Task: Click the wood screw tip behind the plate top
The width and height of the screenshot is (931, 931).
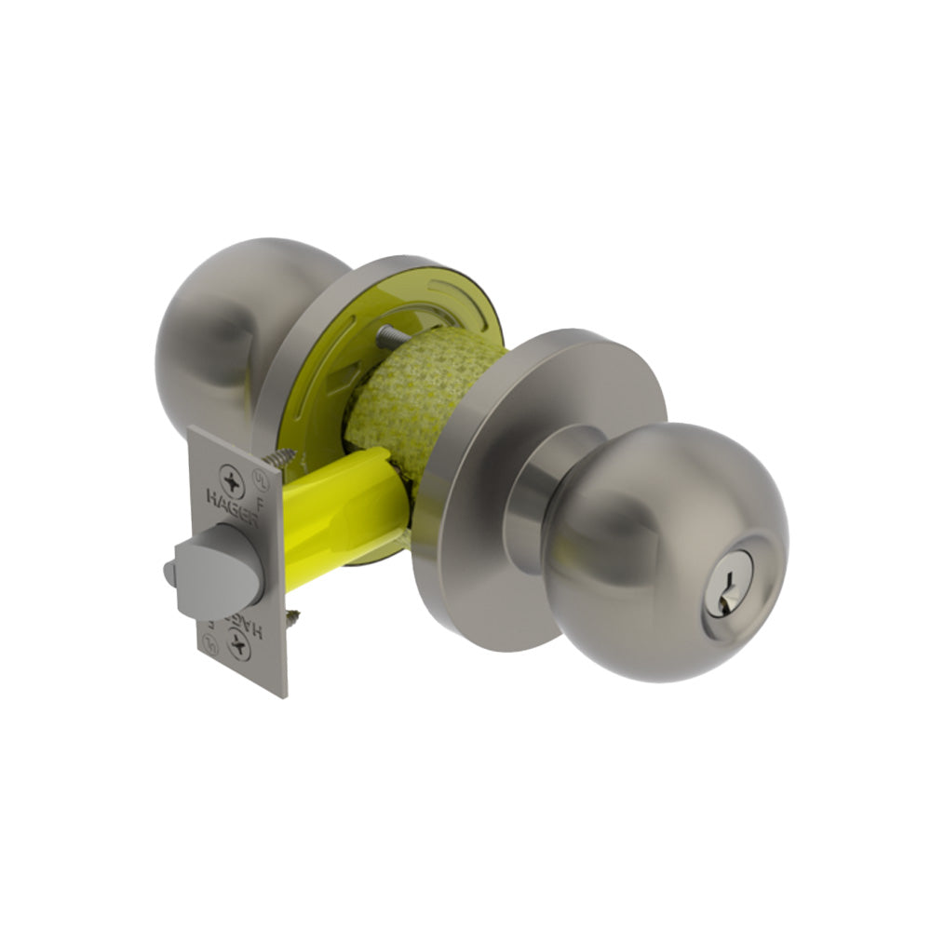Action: tap(281, 459)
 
